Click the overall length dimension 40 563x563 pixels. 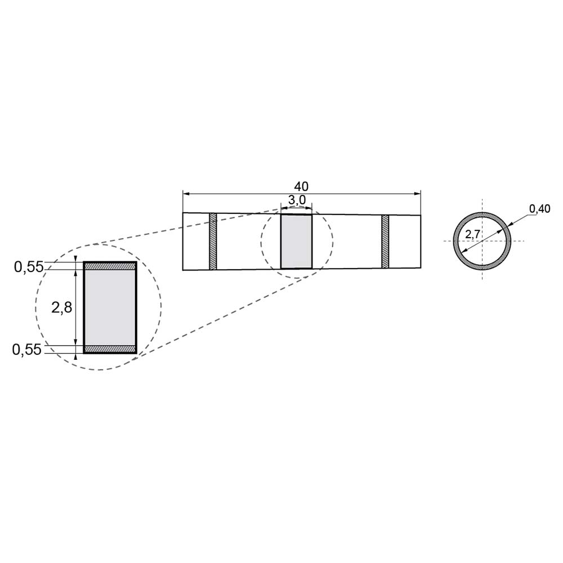301,186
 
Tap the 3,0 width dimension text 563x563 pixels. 297,200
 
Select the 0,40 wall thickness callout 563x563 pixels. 540,209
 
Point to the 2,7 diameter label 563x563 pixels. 472,235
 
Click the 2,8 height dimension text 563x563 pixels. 62,307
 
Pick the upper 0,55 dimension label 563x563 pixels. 29,267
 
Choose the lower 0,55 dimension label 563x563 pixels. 27,350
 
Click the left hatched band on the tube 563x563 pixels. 213,241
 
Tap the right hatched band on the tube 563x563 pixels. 385,242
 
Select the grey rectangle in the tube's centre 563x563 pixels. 297,242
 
